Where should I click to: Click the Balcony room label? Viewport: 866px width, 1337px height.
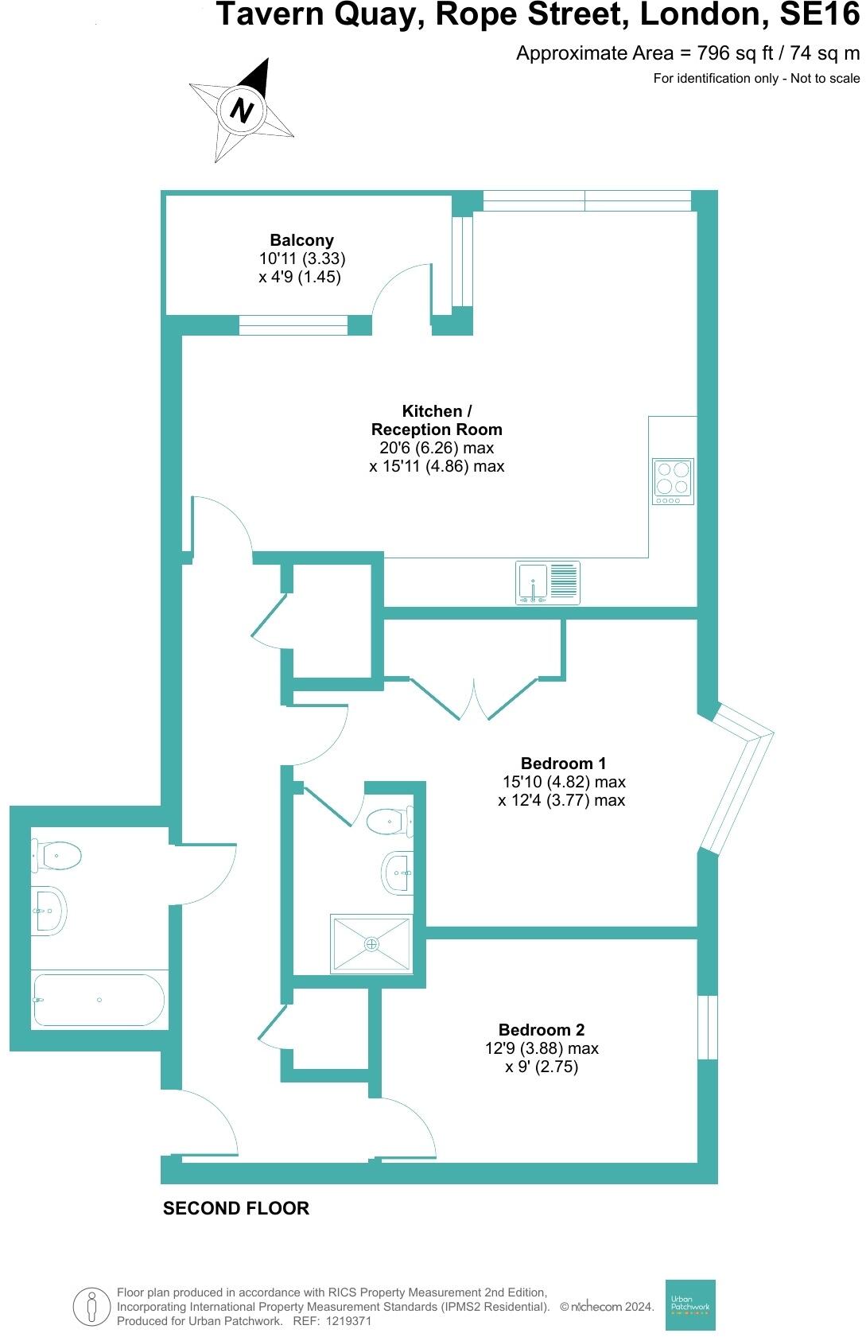coord(301,240)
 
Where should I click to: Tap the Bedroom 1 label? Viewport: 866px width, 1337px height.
coord(563,764)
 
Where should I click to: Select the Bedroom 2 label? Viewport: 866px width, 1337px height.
coord(542,1030)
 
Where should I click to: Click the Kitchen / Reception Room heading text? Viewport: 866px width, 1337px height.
coord(437,420)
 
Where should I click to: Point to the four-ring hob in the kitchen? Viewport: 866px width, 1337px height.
coord(674,482)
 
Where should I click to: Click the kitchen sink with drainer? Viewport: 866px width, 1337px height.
coord(548,582)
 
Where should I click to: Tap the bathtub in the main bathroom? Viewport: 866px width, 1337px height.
coord(99,1001)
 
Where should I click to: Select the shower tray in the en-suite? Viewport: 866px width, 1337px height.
coord(372,943)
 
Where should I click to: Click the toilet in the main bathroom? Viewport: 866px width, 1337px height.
coord(56,856)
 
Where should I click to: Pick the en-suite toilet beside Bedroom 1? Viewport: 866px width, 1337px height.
coord(389,822)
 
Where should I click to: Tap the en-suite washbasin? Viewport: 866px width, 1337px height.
coord(398,873)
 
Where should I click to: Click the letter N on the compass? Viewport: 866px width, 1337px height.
coord(242,110)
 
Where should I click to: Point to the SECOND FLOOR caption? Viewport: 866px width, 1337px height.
coord(235,1208)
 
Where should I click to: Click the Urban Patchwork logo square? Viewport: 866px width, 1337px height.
coord(690,1304)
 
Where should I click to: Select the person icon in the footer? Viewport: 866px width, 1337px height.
coord(92,1307)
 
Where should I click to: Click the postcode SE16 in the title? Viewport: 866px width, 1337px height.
coord(819,14)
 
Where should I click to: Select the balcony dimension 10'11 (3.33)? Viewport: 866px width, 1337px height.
coord(302,258)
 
